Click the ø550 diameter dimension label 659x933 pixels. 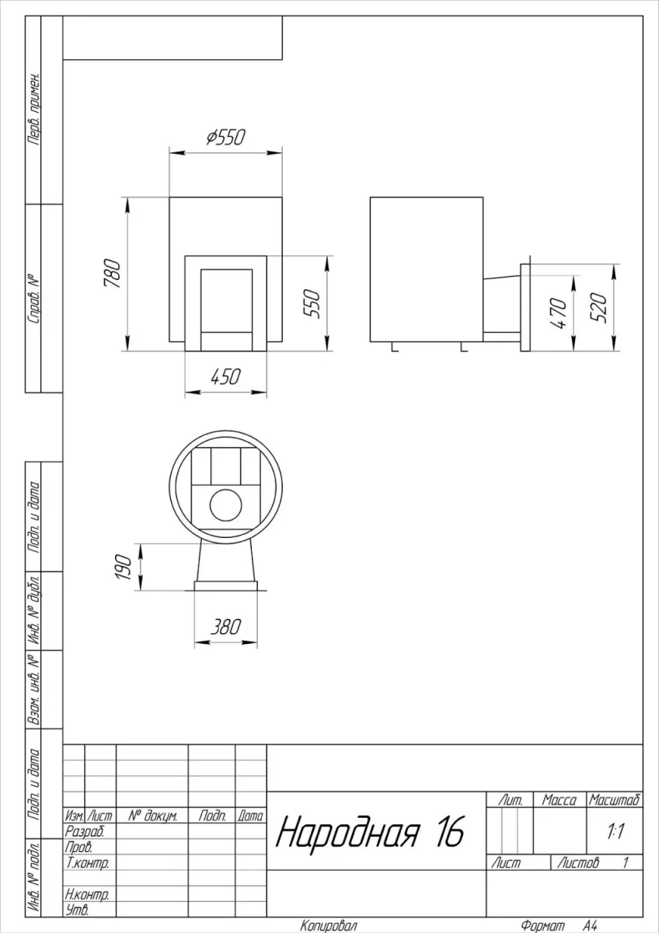tap(226, 137)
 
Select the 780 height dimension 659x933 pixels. tap(113, 273)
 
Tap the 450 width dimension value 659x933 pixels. tap(225, 377)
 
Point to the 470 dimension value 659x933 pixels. tap(558, 313)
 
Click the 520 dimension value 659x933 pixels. tap(598, 308)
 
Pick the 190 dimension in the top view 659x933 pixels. tap(124, 567)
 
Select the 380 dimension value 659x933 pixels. tap(225, 627)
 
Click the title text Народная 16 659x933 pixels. tap(370, 832)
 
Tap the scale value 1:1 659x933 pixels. tap(615, 832)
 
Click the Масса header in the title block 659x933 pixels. tap(559, 800)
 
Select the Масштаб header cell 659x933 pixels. tap(615, 800)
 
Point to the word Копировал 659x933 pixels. tap(329, 926)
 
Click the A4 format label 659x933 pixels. tap(590, 925)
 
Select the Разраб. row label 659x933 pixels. tap(85, 832)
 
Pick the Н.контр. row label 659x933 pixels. tap(87, 894)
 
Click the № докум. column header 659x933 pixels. tap(152, 816)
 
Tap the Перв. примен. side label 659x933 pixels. tap(34, 110)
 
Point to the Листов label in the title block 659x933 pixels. tap(578, 862)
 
